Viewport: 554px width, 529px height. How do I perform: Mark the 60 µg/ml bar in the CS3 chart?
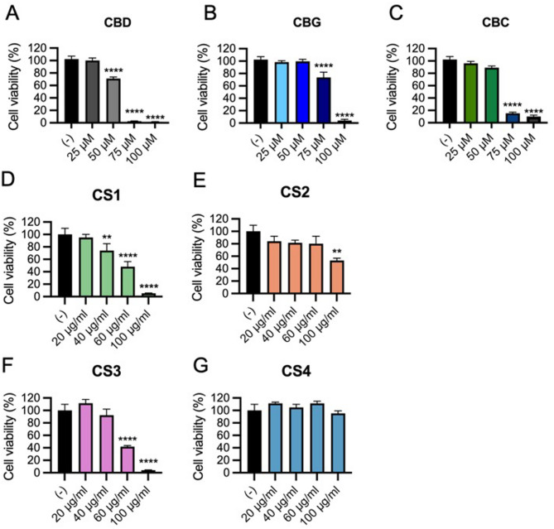(126, 459)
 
